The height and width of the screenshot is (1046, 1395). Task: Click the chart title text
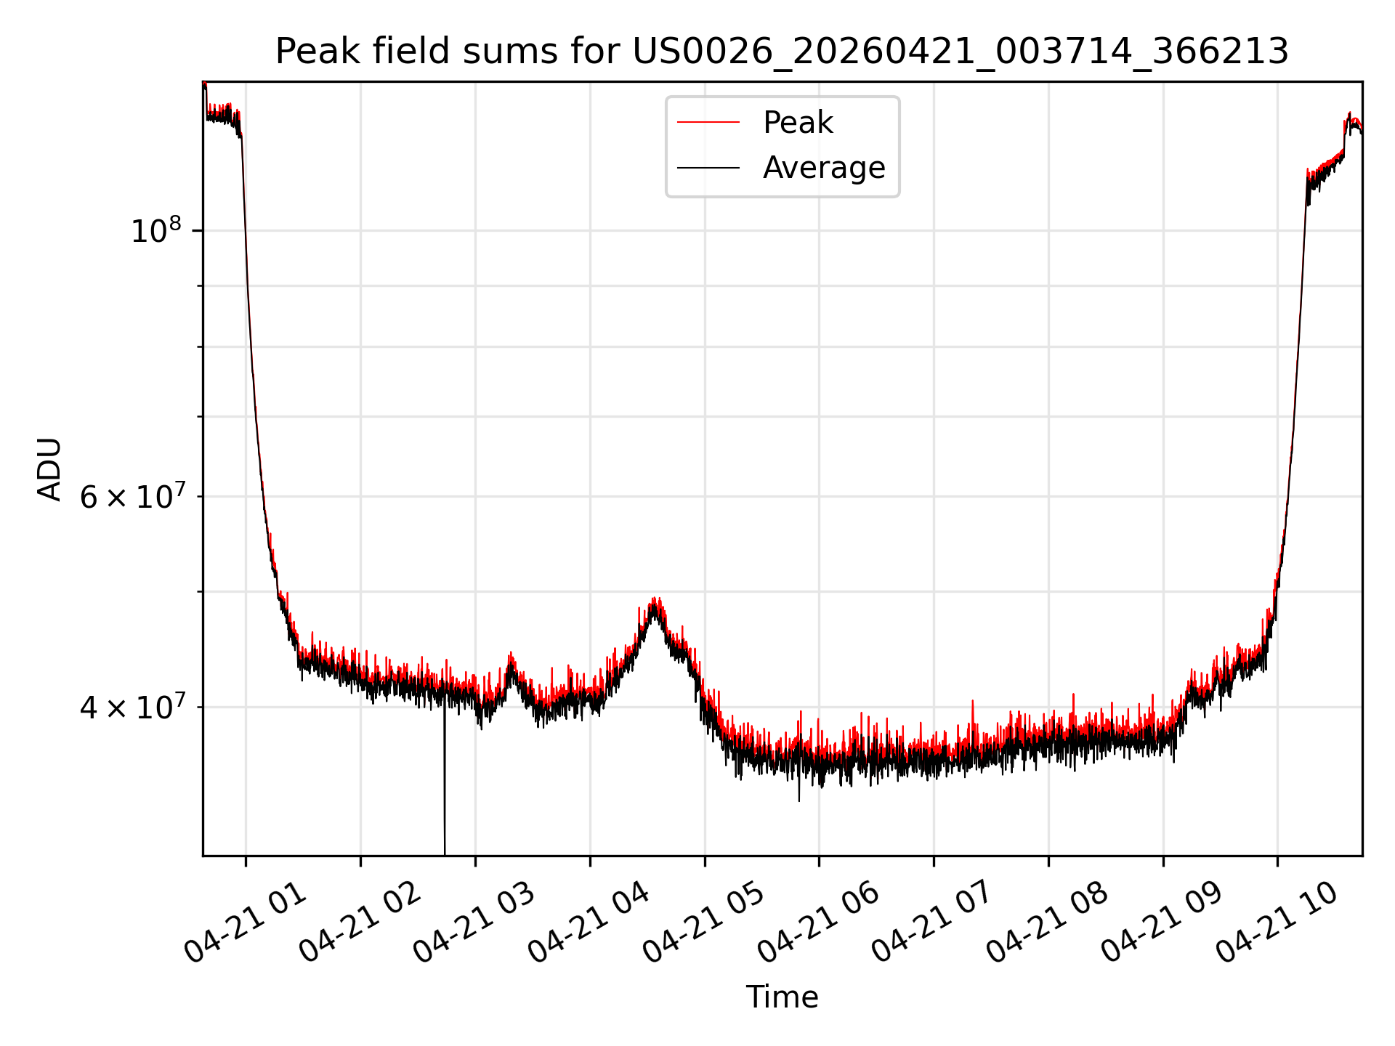point(782,52)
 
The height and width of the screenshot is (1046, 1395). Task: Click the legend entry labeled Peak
point(798,122)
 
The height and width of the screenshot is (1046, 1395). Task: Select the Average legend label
point(824,168)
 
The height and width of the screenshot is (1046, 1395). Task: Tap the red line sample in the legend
point(708,122)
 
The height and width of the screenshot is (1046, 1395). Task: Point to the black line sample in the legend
point(708,168)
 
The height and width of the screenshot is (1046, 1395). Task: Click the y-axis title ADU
point(49,469)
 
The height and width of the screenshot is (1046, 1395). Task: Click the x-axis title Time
point(782,997)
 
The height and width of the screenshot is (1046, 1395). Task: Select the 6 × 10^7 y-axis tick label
point(132,496)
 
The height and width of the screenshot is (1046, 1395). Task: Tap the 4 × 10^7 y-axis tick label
point(132,706)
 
